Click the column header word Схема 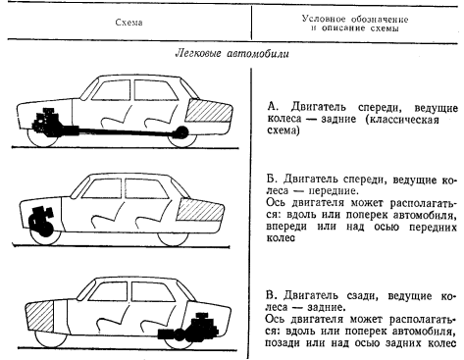click(x=129, y=23)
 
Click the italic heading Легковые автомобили click(x=232, y=54)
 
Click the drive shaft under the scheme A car click(x=126, y=131)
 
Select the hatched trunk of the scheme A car click(x=209, y=112)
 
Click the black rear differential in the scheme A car click(x=181, y=131)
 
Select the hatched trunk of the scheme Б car click(x=200, y=210)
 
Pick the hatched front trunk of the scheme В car click(x=39, y=316)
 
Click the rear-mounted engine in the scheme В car click(x=189, y=328)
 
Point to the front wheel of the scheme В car click(x=50, y=340)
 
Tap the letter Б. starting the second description click(x=272, y=180)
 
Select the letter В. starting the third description click(x=272, y=296)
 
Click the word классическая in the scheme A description click(x=402, y=120)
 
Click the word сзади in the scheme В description click(x=363, y=296)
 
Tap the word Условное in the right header click(x=324, y=19)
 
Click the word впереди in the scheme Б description click(x=286, y=227)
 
